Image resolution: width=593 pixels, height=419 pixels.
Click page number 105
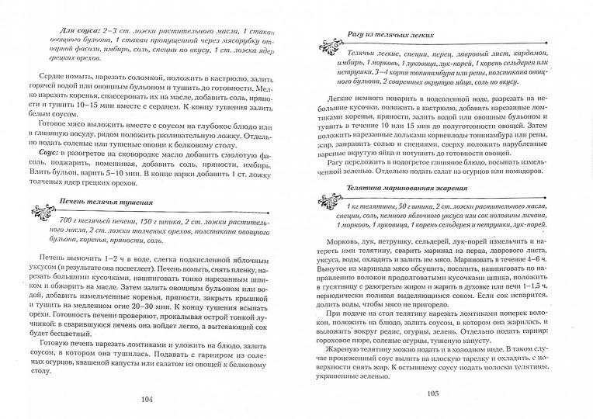point(432,393)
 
